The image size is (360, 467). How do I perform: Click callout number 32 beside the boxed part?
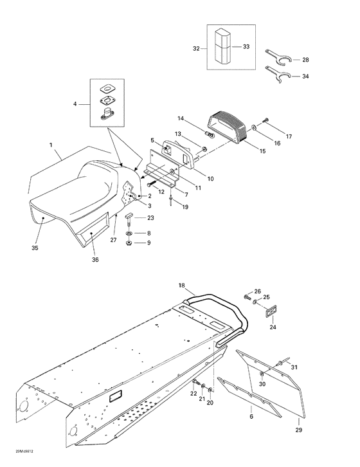196,48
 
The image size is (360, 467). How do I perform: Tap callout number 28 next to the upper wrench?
305,60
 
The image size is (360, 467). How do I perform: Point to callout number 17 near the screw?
289,137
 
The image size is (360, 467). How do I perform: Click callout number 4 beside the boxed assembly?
75,104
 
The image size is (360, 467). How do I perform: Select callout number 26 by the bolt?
257,291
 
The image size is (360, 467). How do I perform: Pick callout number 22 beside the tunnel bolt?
193,393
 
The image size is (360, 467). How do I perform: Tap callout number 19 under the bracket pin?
185,207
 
